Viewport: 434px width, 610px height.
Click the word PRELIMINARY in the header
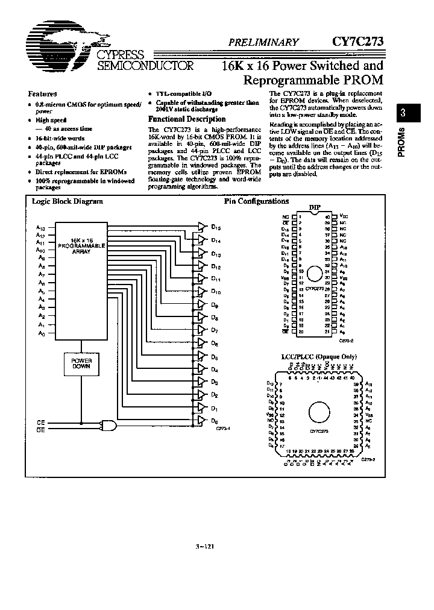click(263, 42)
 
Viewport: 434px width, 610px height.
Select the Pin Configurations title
click(256, 202)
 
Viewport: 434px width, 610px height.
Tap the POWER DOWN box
click(81, 363)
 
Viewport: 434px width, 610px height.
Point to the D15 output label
click(215, 228)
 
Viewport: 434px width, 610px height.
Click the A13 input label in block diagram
click(40, 228)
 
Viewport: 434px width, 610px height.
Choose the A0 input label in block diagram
click(41, 333)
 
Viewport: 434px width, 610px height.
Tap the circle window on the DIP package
click(315, 275)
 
